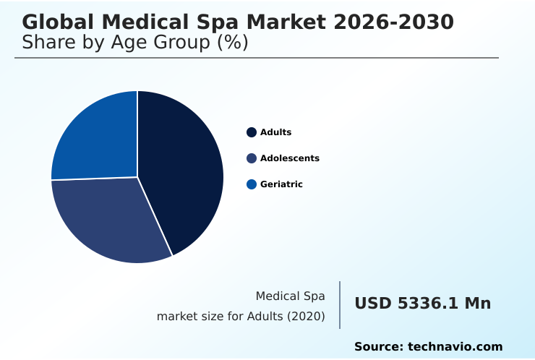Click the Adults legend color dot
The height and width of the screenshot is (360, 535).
(252, 132)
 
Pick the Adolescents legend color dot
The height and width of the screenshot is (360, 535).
(252, 158)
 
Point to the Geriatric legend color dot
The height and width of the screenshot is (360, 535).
(252, 184)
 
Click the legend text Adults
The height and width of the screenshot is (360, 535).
(275, 132)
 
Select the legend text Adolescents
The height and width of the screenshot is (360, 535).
(289, 158)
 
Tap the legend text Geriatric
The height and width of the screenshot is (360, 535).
(281, 184)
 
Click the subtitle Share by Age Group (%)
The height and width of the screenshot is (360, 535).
(135, 43)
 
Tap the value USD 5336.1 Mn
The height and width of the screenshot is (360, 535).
(422, 304)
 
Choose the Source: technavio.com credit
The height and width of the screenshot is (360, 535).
(428, 347)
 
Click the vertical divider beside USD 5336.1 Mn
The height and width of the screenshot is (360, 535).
(340, 305)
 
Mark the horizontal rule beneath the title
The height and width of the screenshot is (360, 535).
(257, 58)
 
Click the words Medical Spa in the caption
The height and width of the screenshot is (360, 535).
(290, 296)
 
